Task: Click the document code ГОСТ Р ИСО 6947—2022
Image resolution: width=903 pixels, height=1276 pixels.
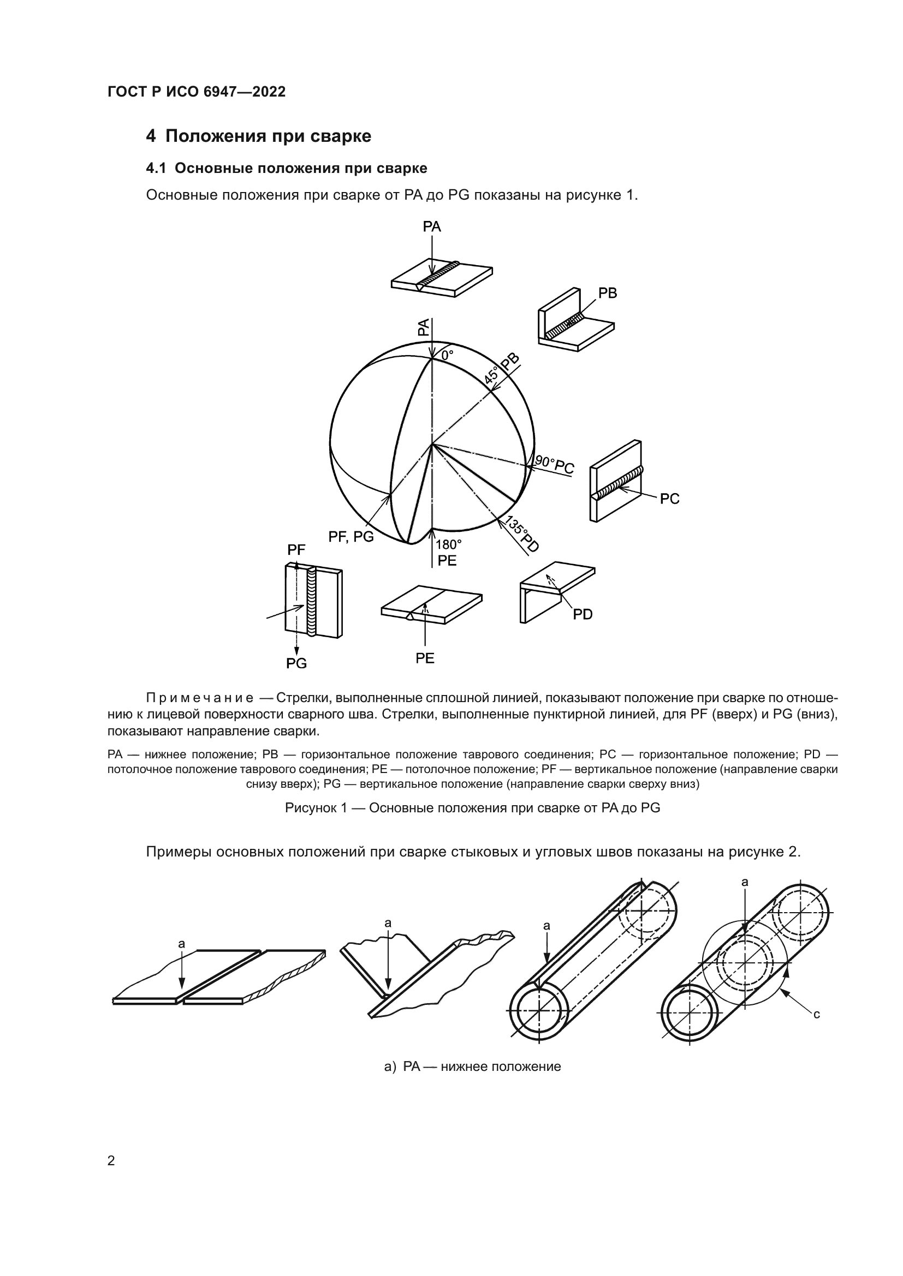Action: pos(197,92)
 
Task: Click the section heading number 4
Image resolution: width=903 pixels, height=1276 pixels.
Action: pos(151,136)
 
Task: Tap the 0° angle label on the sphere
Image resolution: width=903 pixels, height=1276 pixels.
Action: pos(448,355)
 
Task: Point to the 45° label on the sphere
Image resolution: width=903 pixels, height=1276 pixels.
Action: pos(491,376)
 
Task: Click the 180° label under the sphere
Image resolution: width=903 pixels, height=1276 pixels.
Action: pos(448,544)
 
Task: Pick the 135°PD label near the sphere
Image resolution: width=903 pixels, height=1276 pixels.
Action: pos(521,534)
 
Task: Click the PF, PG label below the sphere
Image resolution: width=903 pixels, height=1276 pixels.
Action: pos(351,537)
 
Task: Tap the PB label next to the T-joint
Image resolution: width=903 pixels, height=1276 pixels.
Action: pos(608,293)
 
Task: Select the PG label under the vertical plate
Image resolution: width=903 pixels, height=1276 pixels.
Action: pos(296,663)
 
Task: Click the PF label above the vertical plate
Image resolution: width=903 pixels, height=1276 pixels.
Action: pos(296,550)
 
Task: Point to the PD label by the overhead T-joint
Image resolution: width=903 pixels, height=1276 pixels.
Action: pos(583,615)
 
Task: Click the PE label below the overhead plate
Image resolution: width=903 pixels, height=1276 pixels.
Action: pos(425,658)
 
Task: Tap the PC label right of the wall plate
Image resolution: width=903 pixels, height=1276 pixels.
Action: pos(669,499)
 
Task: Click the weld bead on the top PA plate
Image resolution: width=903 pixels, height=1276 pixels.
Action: pos(439,275)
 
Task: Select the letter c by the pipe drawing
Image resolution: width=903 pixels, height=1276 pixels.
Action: pos(816,1014)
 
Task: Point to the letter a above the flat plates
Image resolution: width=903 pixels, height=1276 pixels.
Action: pos(181,944)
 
